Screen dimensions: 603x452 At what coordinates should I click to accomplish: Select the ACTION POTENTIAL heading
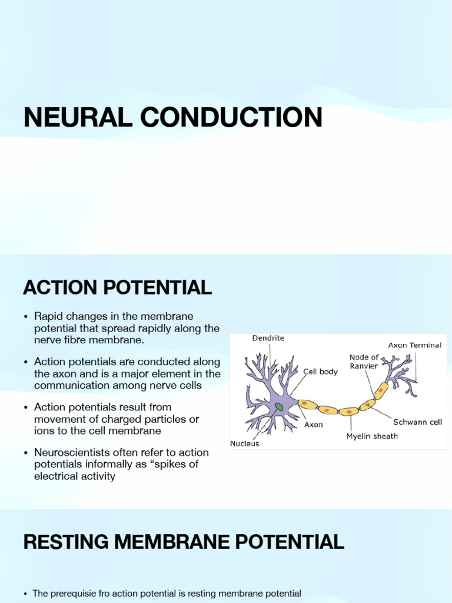[117, 288]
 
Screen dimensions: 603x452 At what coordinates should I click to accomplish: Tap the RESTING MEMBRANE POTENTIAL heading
[184, 542]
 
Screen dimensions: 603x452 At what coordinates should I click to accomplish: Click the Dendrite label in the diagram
[268, 338]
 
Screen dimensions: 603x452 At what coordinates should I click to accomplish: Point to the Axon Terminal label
[414, 345]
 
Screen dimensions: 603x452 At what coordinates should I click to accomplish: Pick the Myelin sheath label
[372, 436]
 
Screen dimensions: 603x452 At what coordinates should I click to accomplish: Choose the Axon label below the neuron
[313, 425]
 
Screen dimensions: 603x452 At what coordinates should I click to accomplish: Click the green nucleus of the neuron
[278, 406]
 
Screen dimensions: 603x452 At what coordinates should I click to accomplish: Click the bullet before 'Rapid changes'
[26, 317]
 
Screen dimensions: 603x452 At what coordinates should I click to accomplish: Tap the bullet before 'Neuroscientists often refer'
[26, 453]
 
